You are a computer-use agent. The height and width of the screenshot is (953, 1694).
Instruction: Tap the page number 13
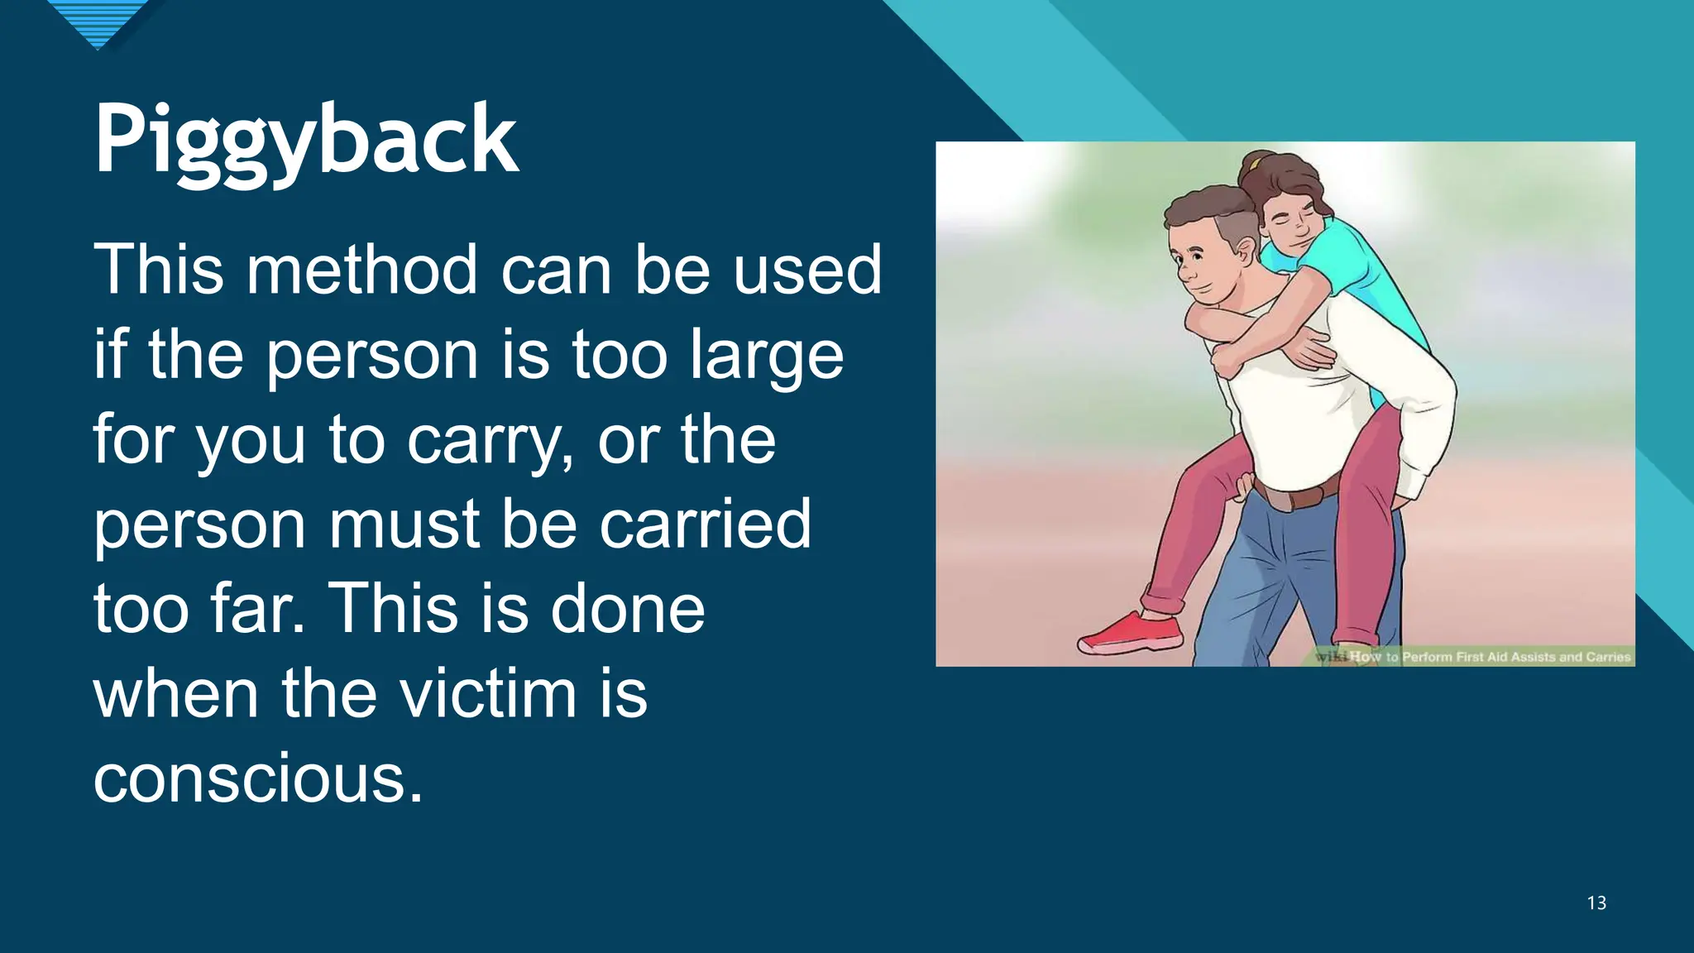tap(1596, 903)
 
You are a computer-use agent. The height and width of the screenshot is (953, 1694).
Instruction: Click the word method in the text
tap(362, 270)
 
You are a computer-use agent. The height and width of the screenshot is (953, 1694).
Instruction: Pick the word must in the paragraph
tap(405, 524)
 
